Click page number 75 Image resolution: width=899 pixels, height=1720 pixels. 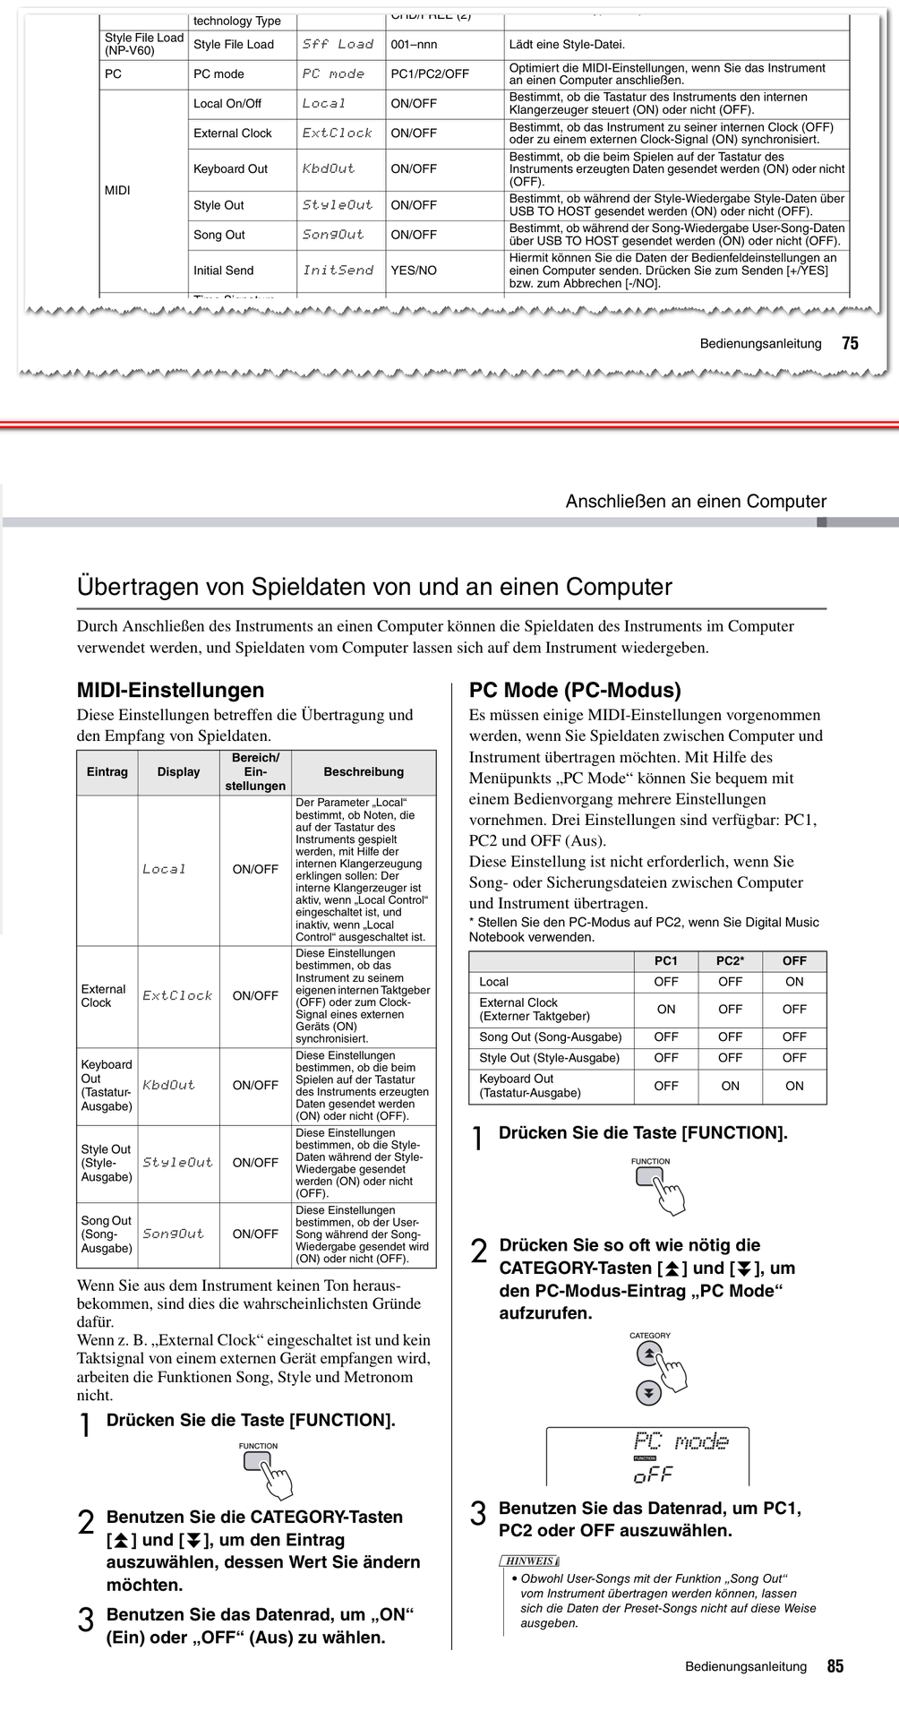click(850, 343)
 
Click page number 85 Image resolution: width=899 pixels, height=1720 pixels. click(835, 1666)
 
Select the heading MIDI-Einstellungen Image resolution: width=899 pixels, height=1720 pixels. click(170, 690)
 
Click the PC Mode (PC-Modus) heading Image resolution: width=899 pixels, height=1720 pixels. click(575, 690)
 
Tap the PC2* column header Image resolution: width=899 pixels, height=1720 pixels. click(730, 960)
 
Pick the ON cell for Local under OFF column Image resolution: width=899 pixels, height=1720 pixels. click(794, 982)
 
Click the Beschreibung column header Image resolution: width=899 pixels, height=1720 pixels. click(364, 771)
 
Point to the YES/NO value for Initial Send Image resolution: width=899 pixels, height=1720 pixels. click(414, 271)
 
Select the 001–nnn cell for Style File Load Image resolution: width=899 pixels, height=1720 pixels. click(414, 45)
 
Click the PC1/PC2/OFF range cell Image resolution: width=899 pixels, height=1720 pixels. click(430, 74)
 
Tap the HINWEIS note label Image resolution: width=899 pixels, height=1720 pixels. click(530, 1561)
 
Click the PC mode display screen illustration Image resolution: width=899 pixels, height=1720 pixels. click(647, 1456)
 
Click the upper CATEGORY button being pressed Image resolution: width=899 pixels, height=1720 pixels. click(649, 1354)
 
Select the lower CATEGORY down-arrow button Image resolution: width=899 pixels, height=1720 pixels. click(648, 1393)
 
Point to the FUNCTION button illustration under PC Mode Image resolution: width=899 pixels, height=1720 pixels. click(649, 1176)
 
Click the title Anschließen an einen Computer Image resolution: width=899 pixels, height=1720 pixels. click(696, 502)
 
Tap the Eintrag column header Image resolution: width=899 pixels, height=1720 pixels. click(107, 771)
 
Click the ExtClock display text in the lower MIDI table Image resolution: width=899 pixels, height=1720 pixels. click(177, 995)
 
